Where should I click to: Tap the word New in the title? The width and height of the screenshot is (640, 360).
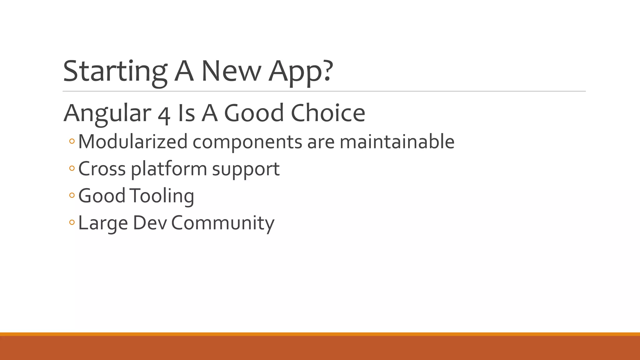231,71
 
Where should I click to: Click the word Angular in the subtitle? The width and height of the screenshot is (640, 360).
107,113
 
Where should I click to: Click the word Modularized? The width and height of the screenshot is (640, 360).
133,142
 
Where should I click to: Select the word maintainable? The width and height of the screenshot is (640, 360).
397,142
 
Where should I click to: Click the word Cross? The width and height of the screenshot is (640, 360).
102,169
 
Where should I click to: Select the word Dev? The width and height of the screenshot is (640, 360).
150,223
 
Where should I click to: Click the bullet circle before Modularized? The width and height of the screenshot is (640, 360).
72,142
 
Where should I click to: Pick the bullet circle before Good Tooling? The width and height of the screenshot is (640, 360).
72,196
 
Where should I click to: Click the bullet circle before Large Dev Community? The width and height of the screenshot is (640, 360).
72,222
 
